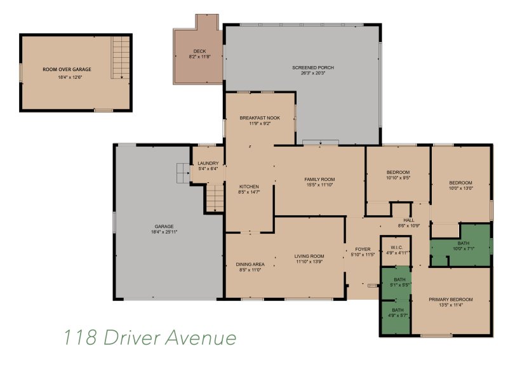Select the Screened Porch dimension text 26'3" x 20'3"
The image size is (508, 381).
(x=313, y=73)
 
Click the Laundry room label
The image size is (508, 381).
(x=208, y=163)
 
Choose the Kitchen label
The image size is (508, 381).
(x=249, y=186)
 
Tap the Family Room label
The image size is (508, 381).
(x=319, y=179)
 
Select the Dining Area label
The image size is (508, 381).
(x=250, y=264)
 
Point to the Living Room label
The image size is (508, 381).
(x=309, y=257)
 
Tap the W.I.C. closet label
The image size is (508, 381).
(x=396, y=247)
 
